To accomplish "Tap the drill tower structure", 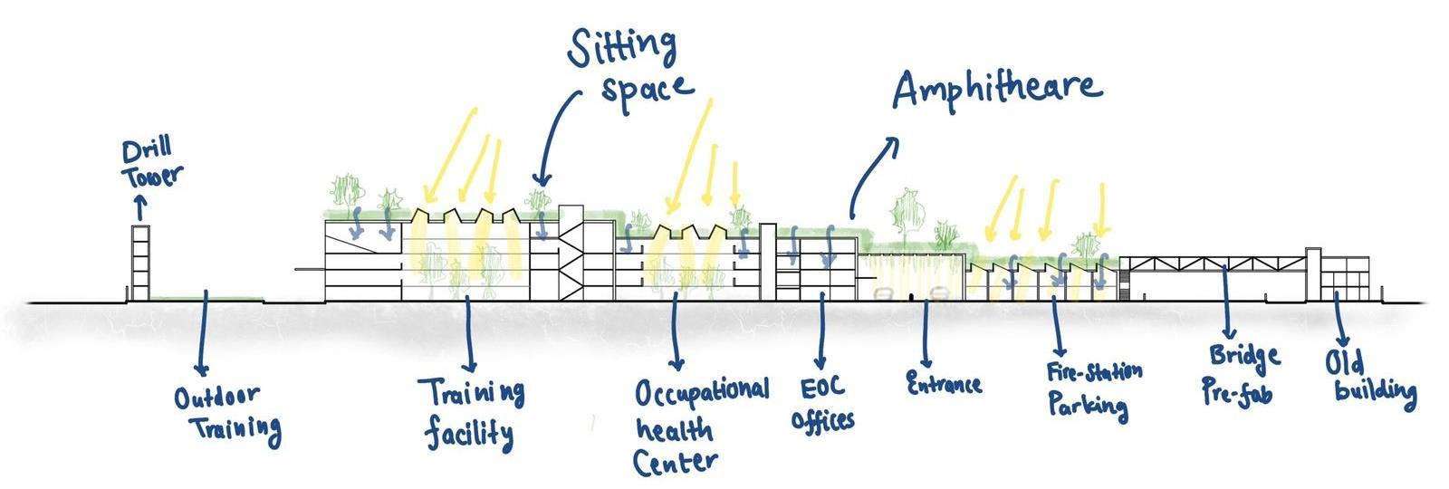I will click(139, 263).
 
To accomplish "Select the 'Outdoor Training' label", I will click(226, 413).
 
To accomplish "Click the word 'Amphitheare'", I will click(996, 89).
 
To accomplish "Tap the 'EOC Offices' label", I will click(821, 403).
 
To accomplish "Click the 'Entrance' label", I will click(944, 382).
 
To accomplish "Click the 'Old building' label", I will click(1369, 377).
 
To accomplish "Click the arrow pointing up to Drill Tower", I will click(139, 208).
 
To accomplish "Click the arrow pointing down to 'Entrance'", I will click(926, 335).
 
